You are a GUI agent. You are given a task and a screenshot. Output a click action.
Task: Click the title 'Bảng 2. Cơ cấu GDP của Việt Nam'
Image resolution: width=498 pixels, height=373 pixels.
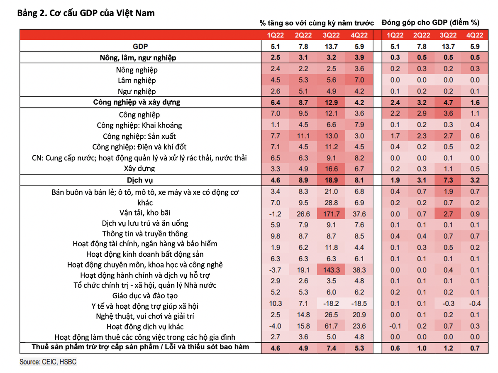[85, 13]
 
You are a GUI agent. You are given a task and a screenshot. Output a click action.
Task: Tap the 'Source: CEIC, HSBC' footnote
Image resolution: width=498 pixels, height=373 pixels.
[48, 362]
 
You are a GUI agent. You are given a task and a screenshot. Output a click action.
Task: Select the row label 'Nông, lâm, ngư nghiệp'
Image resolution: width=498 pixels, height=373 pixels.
[140, 58]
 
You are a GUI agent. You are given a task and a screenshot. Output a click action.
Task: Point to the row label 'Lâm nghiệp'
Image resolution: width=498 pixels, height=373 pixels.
[136, 81]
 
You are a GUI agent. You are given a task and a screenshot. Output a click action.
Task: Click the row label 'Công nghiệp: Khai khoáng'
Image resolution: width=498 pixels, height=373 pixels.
[139, 125]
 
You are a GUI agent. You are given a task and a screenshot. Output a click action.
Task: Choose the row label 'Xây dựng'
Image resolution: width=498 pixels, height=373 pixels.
[139, 169]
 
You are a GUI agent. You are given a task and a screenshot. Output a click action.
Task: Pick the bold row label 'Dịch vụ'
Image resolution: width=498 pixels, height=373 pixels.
[140, 180]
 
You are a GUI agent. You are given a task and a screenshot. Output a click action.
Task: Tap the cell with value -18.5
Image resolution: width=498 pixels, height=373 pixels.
[359, 303]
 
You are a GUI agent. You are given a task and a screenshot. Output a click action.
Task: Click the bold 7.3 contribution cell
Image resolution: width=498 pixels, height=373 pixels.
[448, 180]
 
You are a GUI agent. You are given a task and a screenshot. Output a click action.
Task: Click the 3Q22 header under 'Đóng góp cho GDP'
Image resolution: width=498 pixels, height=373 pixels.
[448, 35]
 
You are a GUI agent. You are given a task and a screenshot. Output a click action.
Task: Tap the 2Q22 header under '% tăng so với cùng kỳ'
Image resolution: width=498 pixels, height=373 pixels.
[303, 35]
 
